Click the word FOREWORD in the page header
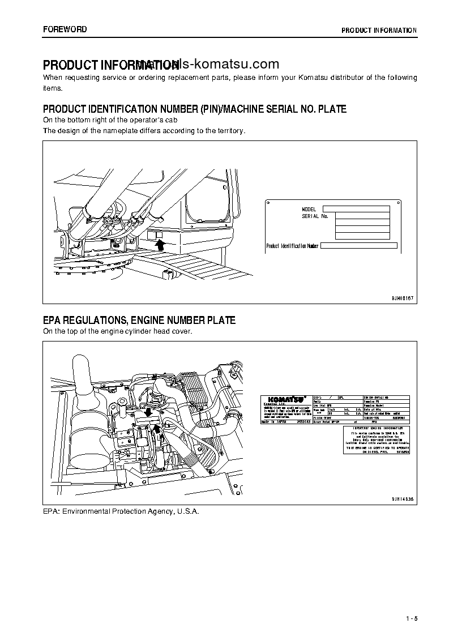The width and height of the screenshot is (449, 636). click(65, 29)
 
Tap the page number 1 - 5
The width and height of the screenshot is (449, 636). click(411, 617)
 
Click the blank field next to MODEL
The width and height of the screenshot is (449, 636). click(356, 209)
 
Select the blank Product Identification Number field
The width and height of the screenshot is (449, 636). click(359, 246)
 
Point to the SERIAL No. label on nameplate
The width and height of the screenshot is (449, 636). click(315, 216)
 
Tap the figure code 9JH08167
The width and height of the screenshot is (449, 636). click(402, 297)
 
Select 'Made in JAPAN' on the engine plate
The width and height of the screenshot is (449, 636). click(274, 422)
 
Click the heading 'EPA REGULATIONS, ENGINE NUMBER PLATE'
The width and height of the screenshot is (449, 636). click(139, 321)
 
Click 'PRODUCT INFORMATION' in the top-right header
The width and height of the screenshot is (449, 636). click(379, 30)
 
